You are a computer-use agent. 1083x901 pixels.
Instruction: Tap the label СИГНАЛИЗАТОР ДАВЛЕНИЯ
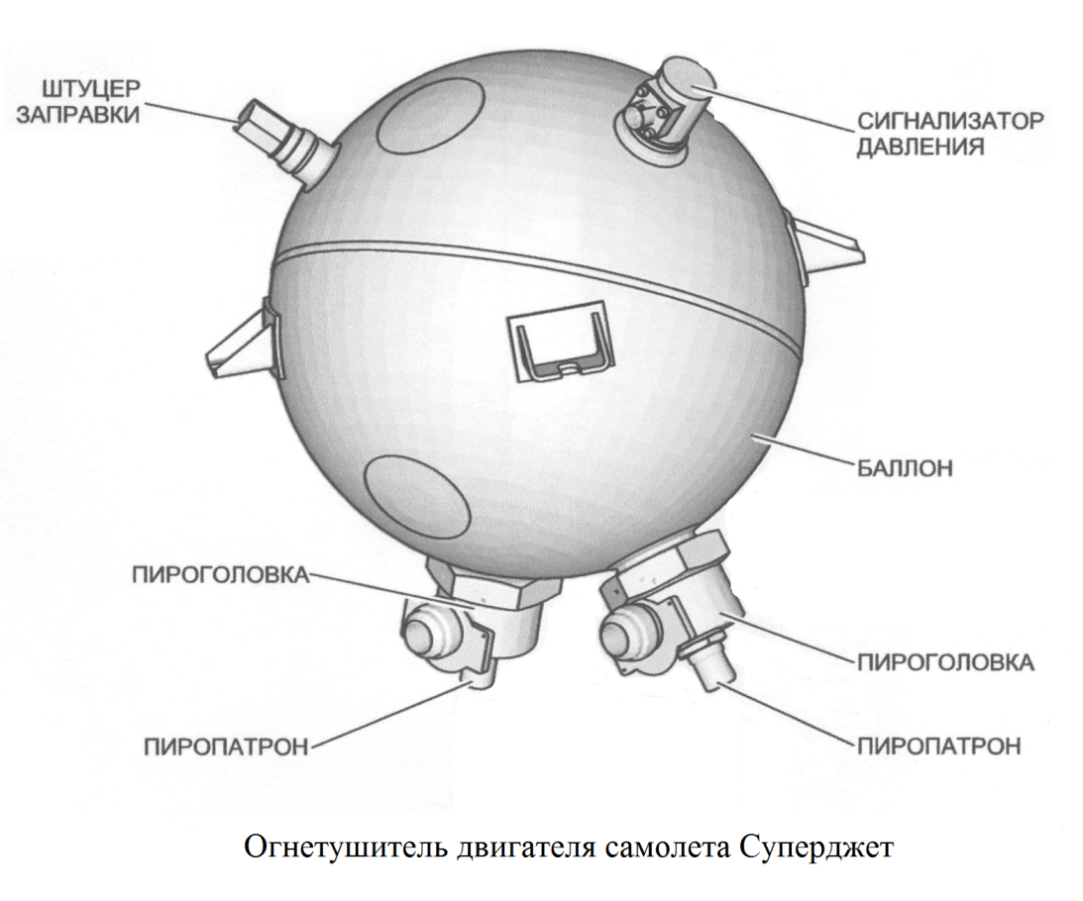[949, 135]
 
